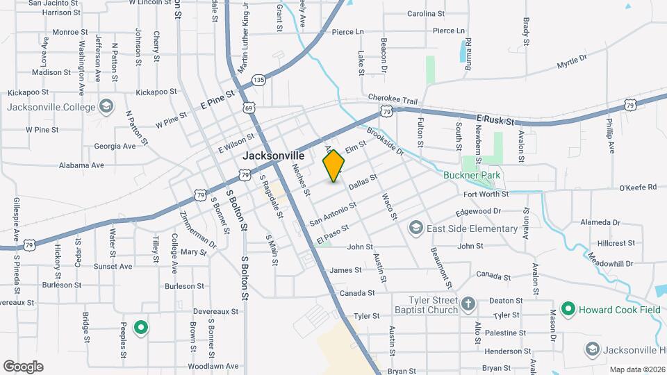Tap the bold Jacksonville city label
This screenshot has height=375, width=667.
click(x=274, y=157)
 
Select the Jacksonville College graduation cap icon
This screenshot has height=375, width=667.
click(x=106, y=106)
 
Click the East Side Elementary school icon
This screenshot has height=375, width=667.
click(x=415, y=228)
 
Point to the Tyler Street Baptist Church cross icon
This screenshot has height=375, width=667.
click(x=469, y=303)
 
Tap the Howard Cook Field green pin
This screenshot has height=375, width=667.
click(x=568, y=308)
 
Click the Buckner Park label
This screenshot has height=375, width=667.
click(x=472, y=176)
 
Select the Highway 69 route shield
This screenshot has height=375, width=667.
click(x=249, y=108)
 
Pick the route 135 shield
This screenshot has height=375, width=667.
click(x=259, y=80)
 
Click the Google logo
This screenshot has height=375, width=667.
click(x=23, y=366)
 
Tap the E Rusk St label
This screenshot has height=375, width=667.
click(x=495, y=120)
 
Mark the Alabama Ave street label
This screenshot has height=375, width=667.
click(x=81, y=165)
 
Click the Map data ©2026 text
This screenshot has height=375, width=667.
click(x=636, y=369)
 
